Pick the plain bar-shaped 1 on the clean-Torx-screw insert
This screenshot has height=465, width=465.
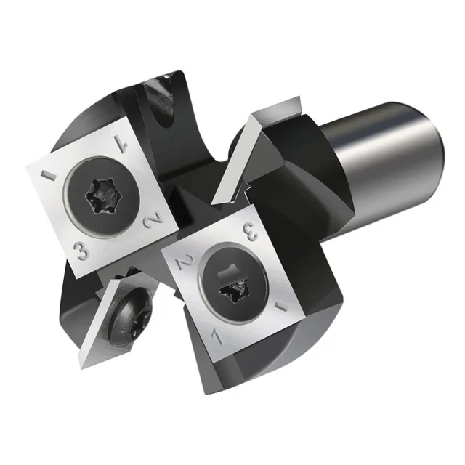pyautogui.click(x=50, y=177)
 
